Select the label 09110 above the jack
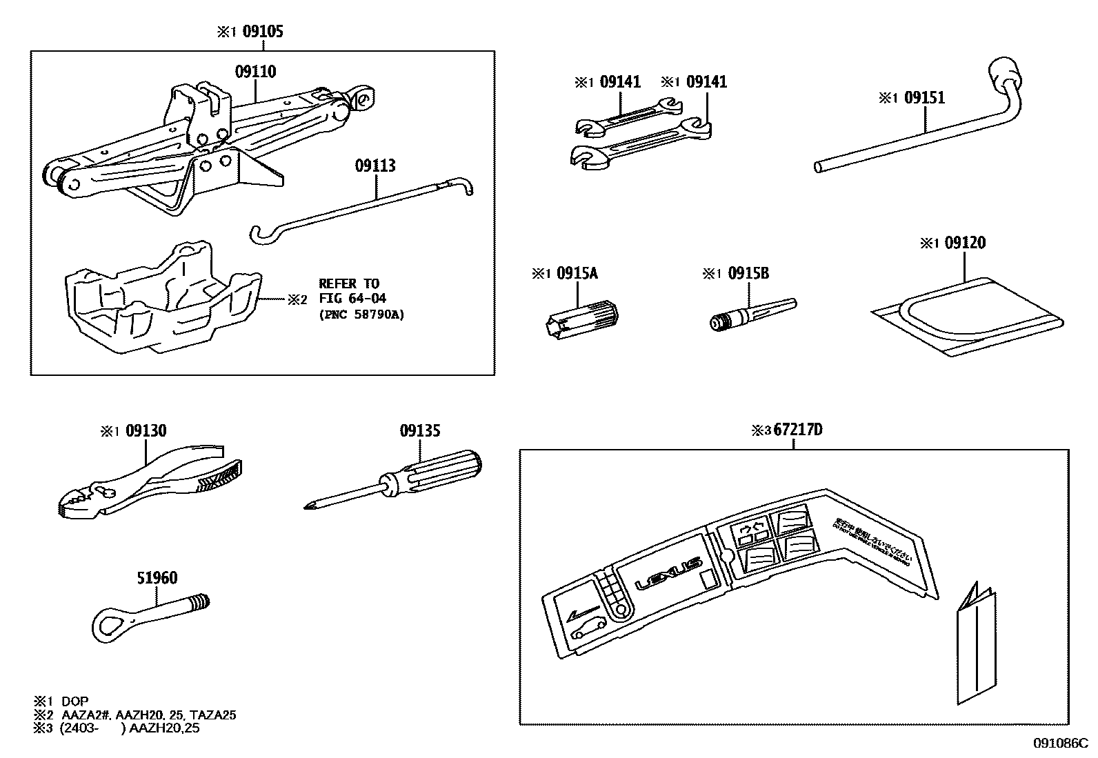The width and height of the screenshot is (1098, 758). [255, 71]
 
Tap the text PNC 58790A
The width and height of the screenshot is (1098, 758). [361, 315]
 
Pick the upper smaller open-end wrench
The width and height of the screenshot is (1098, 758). [628, 117]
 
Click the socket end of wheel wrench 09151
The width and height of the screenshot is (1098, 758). [1004, 72]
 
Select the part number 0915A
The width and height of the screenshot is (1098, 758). [577, 273]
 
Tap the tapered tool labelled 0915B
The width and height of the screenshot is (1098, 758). [752, 314]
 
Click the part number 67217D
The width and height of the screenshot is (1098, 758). [797, 430]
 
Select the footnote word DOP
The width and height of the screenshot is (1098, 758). [75, 701]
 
